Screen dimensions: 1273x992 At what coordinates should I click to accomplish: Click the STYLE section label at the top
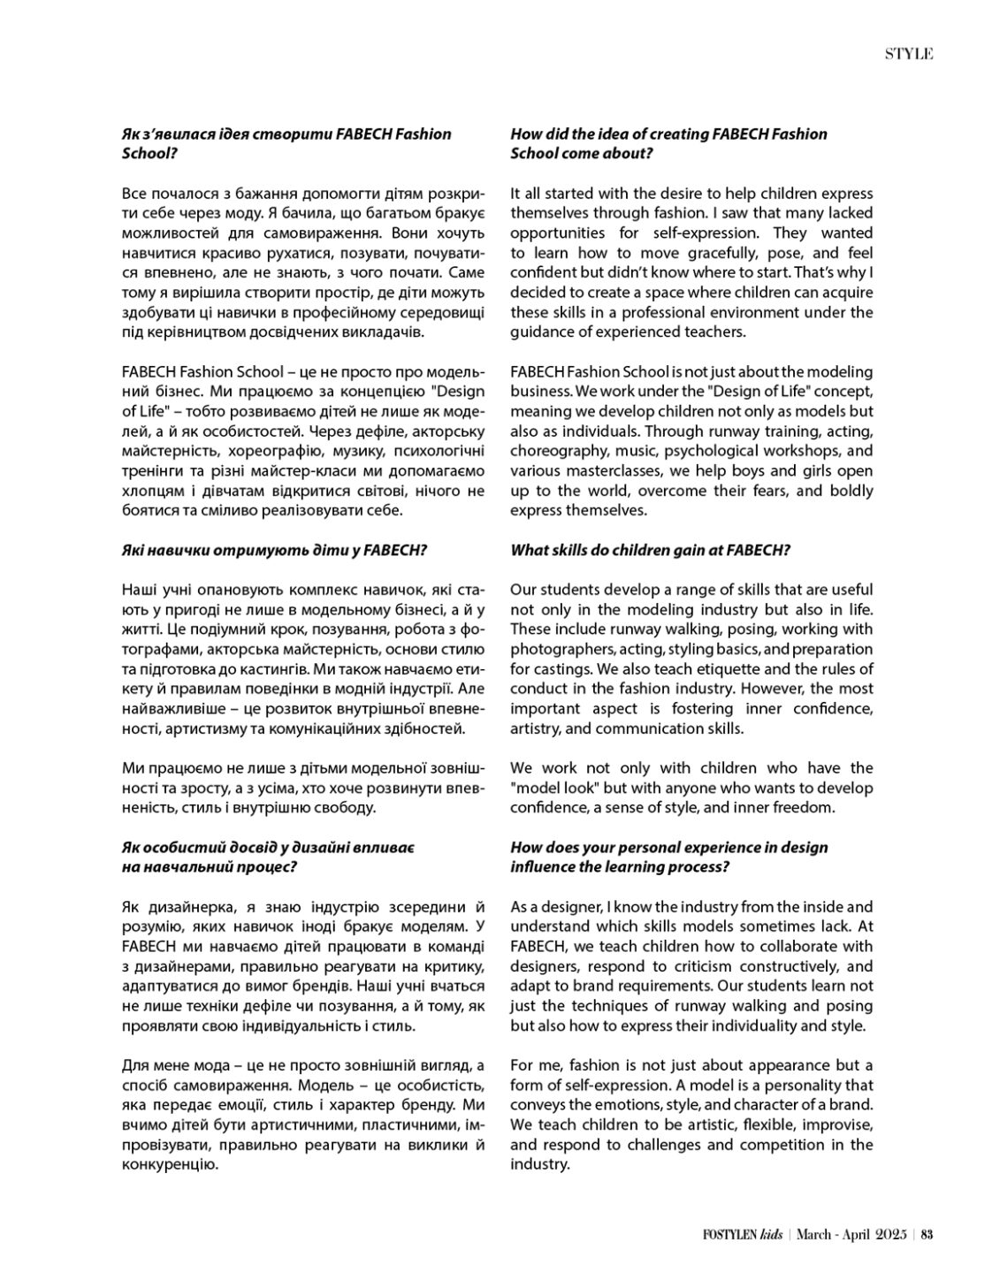909,54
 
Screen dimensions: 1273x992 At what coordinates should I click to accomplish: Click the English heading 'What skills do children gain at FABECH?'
650,550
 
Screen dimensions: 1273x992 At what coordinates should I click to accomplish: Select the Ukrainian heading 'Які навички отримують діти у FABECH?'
274,550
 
